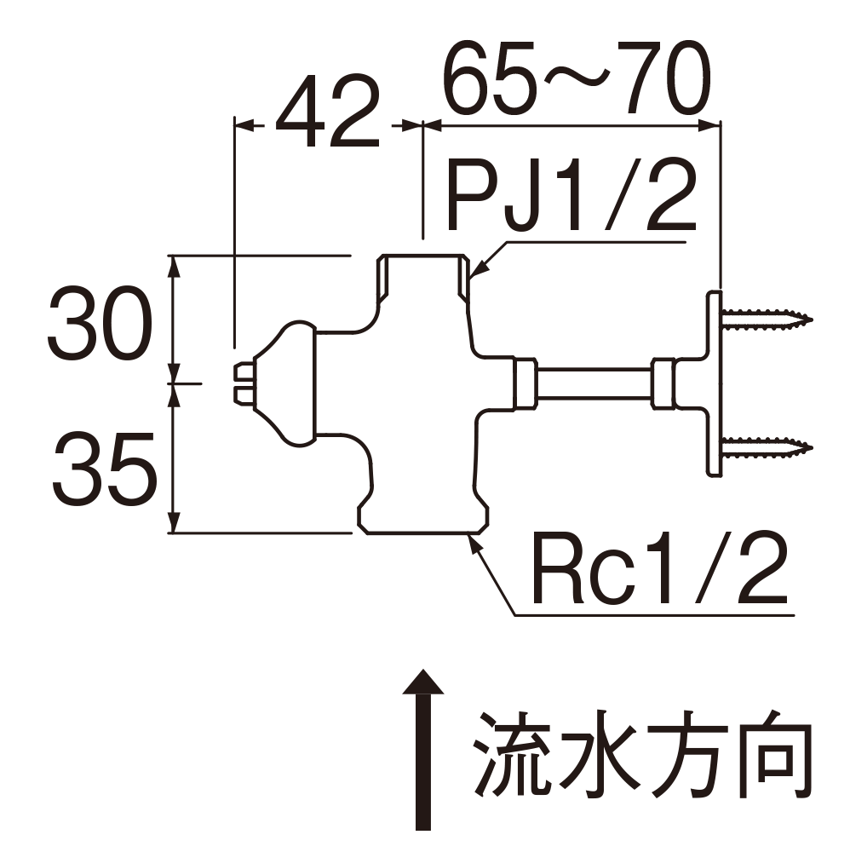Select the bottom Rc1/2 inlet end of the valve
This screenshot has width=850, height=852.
(x=423, y=521)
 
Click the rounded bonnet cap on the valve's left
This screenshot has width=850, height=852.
(x=290, y=383)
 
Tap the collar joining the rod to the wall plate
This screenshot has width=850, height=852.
(x=664, y=383)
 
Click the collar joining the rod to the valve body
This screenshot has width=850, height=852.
(x=523, y=383)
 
